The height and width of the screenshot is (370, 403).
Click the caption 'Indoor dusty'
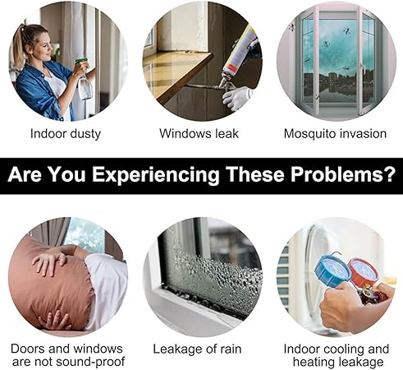click(x=66, y=133)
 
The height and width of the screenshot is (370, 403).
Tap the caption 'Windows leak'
click(x=199, y=133)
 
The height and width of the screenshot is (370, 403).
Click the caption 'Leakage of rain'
click(x=199, y=349)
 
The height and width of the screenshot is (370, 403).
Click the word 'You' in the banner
click(x=81, y=175)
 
